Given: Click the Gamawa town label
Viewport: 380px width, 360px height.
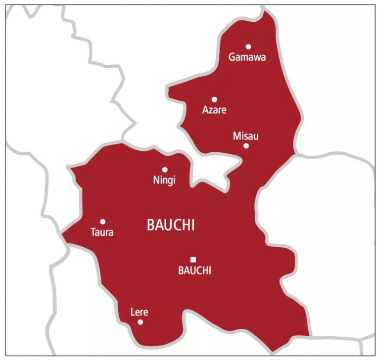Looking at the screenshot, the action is [x=247, y=57].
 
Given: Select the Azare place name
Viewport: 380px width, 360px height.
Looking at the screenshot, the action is [x=214, y=110].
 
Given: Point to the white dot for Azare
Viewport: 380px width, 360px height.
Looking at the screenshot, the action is [x=214, y=99].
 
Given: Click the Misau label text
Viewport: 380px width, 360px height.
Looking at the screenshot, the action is [x=245, y=136].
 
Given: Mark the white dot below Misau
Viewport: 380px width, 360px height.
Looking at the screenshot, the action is [x=246, y=146].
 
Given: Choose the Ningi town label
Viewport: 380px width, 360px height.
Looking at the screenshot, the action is [x=165, y=180].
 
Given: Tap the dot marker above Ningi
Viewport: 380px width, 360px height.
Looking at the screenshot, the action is [x=165, y=170].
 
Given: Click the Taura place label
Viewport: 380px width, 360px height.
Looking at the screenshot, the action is [x=102, y=232].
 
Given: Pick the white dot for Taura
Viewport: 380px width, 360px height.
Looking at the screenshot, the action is [x=103, y=222].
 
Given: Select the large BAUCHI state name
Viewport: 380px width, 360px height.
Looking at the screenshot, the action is [x=171, y=225].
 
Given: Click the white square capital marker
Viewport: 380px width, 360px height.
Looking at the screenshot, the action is [x=193, y=259].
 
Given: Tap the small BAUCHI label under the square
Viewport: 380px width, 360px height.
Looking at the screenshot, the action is [x=194, y=270].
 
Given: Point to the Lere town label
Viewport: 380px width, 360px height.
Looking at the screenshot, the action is [x=139, y=312].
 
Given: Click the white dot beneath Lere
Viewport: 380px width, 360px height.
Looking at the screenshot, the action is [x=141, y=322].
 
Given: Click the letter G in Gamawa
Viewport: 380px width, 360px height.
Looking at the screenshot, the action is [x=232, y=57].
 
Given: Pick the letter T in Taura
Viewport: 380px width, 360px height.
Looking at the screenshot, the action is [x=93, y=232].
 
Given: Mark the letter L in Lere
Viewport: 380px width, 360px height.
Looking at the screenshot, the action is [x=132, y=312].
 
